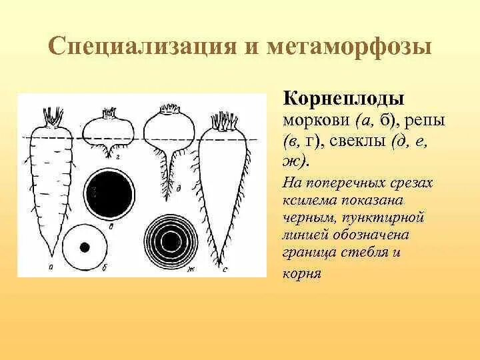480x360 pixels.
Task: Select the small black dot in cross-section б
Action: click(85, 247)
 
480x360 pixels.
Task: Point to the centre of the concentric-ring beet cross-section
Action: click(170, 241)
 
